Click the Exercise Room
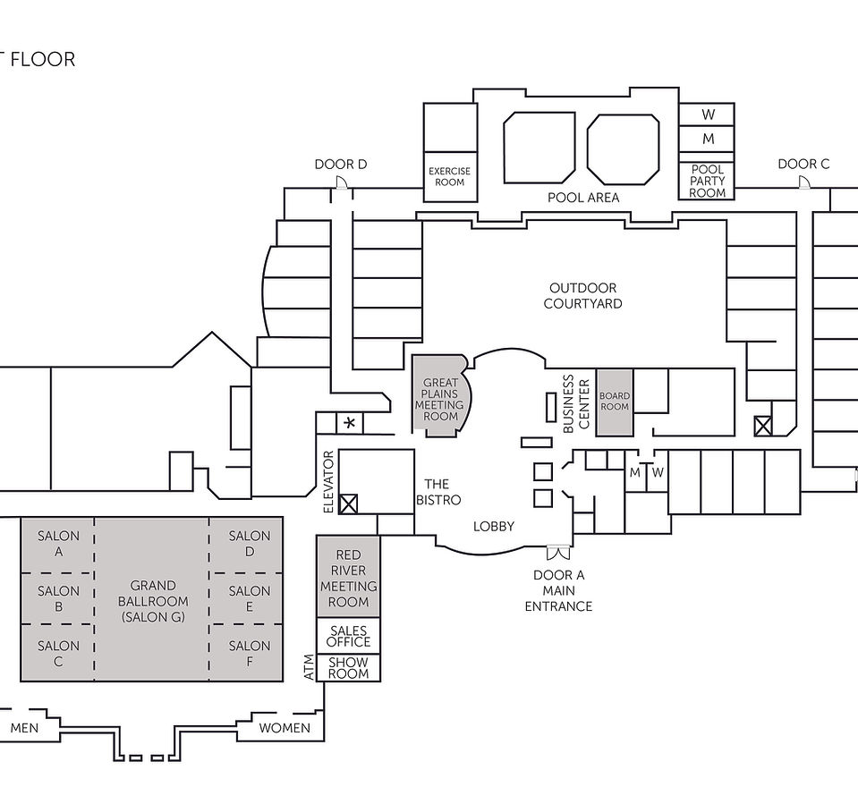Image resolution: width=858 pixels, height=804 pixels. pyautogui.click(x=449, y=177)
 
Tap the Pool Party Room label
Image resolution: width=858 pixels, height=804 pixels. pyautogui.click(x=707, y=181)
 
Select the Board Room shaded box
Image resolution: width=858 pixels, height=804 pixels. pyautogui.click(x=615, y=402)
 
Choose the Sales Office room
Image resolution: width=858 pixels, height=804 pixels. pyautogui.click(x=348, y=636)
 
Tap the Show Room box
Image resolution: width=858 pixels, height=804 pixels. pyautogui.click(x=348, y=668)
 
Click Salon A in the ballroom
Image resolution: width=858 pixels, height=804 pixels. pyautogui.click(x=58, y=544)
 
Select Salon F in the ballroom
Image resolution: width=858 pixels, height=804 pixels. pyautogui.click(x=249, y=654)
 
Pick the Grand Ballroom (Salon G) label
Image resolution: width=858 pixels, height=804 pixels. pyautogui.click(x=153, y=601)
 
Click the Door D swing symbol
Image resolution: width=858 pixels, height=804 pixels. pyautogui.click(x=341, y=183)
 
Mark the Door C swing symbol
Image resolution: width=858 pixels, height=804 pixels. pyautogui.click(x=803, y=182)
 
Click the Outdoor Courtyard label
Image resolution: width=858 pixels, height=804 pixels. pyautogui.click(x=582, y=296)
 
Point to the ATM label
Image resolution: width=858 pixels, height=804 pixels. pyautogui.click(x=310, y=668)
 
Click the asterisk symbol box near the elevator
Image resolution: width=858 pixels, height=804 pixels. pyautogui.click(x=349, y=422)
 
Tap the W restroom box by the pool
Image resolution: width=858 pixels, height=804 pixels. pyautogui.click(x=707, y=114)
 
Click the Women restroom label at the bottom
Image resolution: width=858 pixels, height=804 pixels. pyautogui.click(x=285, y=728)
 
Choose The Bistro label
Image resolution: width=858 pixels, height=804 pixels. pyautogui.click(x=437, y=492)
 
